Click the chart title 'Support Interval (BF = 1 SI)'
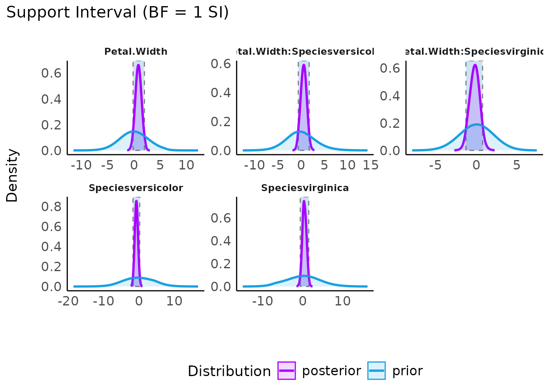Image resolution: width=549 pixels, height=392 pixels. point(118,13)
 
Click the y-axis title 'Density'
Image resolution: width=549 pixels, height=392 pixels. point(12,175)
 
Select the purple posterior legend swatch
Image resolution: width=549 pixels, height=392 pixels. point(286,371)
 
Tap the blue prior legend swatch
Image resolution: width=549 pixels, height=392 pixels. point(376,371)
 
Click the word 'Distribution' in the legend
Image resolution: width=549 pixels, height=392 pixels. point(229,371)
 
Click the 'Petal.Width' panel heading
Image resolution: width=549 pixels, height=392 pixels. point(136,51)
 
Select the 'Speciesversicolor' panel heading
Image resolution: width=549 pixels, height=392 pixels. point(136,188)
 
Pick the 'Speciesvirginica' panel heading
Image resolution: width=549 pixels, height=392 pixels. point(305,188)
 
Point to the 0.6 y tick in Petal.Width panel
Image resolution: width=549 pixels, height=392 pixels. point(51,73)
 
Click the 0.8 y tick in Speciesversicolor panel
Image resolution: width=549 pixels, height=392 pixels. point(51,207)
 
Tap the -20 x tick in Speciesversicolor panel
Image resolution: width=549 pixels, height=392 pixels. point(68,301)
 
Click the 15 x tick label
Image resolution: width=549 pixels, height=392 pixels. point(370,165)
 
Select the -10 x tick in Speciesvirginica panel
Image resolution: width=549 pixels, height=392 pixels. point(262,301)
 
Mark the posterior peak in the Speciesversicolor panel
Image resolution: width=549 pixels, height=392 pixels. point(136,200)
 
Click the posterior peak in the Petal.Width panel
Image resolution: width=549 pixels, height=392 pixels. point(138,65)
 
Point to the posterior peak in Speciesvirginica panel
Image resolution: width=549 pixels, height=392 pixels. point(304,200)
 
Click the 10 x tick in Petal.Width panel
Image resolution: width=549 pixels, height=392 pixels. point(186,165)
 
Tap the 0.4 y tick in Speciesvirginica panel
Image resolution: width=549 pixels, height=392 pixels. point(221,241)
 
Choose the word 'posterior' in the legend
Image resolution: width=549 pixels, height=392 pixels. point(331,371)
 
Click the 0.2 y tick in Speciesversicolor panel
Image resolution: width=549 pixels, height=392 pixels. point(51,267)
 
